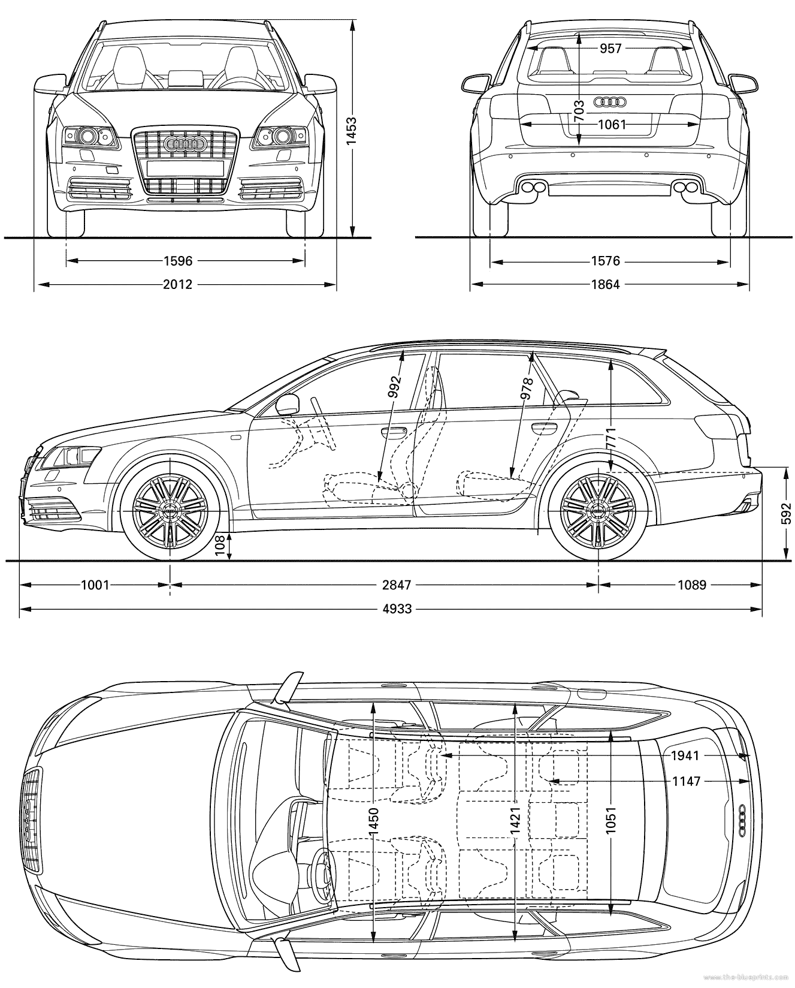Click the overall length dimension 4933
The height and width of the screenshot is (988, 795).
point(397,609)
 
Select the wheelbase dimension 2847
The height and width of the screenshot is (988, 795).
point(397,585)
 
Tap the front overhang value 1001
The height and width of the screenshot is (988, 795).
point(95,585)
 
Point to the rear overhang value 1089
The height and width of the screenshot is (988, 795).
point(692,585)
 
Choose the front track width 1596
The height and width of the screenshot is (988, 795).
point(178,261)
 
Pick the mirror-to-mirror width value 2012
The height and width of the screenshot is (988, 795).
point(178,284)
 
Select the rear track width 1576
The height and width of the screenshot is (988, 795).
point(605,261)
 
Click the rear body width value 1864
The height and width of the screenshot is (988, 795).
point(605,284)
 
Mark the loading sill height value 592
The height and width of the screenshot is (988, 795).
point(787,514)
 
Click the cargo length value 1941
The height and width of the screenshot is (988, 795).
point(685,756)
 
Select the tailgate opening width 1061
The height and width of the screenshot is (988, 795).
point(612,125)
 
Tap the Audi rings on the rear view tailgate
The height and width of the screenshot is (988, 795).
point(609,103)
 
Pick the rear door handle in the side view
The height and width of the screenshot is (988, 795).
point(543,427)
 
